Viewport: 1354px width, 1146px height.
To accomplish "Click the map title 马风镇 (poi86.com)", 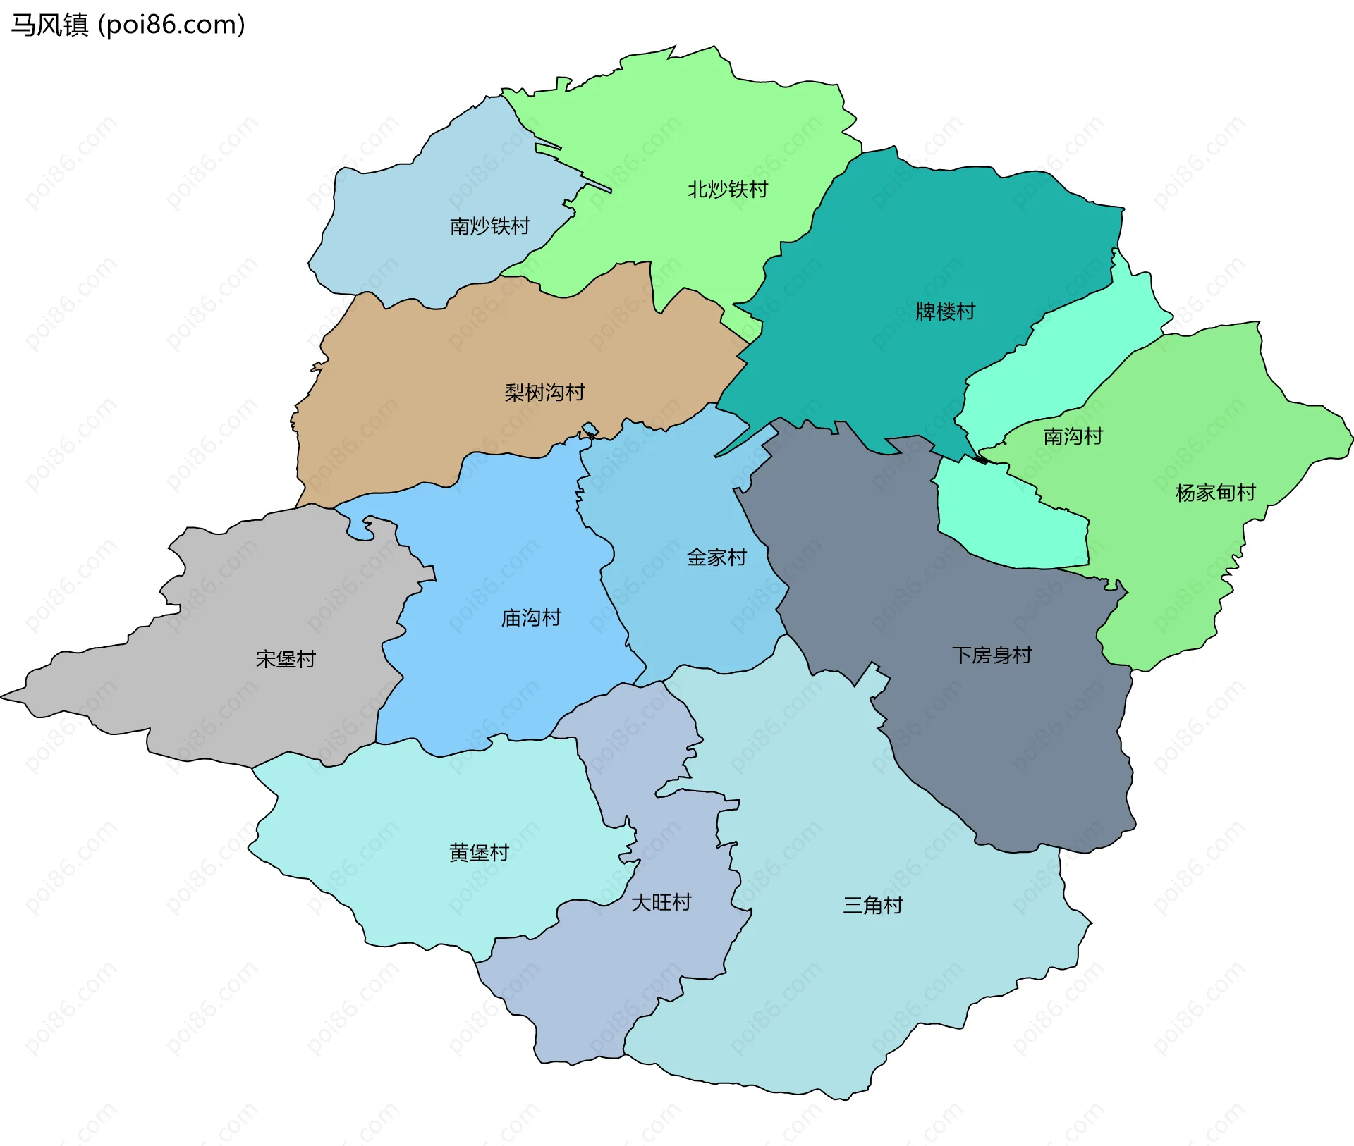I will pos(128,25).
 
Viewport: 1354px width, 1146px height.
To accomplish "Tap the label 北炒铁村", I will pos(727,190).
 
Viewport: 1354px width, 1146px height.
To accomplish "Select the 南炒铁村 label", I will pos(489,226).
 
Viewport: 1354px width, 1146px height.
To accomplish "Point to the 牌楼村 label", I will pos(945,312).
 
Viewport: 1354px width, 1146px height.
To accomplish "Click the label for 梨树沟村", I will pos(544,393).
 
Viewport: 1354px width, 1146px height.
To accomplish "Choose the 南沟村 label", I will pos(1073,437).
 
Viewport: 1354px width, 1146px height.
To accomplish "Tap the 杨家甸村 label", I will pos(1215,493).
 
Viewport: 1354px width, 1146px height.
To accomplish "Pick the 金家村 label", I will pos(716,557).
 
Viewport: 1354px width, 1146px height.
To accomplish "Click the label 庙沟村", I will pos(531,618).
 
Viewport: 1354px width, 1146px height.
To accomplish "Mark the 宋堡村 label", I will pos(286,659).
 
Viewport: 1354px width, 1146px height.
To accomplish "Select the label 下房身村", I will pos(992,655).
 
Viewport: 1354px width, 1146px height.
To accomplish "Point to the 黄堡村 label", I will pos(479,853).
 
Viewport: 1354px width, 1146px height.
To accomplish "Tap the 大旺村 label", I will pos(661,903).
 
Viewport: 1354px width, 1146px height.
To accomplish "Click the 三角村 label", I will pos(872,905).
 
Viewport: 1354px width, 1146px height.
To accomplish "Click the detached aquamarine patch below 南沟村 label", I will pos(1008,522).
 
